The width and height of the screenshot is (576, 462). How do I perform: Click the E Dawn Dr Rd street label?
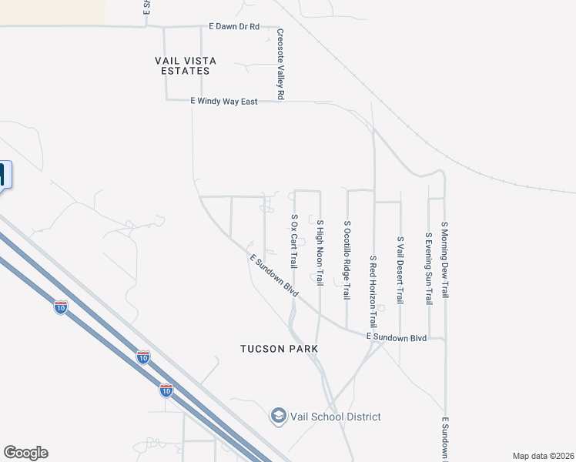[x=233, y=26]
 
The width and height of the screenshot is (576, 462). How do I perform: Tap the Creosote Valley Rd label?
[x=281, y=64]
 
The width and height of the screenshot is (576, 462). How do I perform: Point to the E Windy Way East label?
[x=224, y=101]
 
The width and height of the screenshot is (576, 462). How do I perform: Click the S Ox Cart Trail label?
[x=293, y=241]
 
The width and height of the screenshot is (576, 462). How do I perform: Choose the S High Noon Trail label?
[x=320, y=252]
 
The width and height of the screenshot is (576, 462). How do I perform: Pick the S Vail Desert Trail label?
[x=400, y=269]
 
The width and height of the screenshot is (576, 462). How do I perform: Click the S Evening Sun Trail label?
[x=428, y=268]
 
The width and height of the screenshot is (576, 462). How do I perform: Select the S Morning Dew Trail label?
[x=444, y=259]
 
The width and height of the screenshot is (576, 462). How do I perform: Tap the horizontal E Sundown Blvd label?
[x=397, y=337]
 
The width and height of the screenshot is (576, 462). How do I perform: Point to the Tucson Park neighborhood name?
[x=279, y=349]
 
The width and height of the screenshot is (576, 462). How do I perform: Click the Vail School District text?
[x=335, y=417]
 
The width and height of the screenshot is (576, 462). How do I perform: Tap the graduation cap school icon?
[x=278, y=417]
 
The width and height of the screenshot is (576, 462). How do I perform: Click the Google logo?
[x=25, y=453]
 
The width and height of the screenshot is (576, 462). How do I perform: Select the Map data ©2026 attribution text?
[x=544, y=456]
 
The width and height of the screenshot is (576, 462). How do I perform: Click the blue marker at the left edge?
[x=4, y=176]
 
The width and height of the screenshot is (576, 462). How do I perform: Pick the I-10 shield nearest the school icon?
[x=166, y=390]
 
